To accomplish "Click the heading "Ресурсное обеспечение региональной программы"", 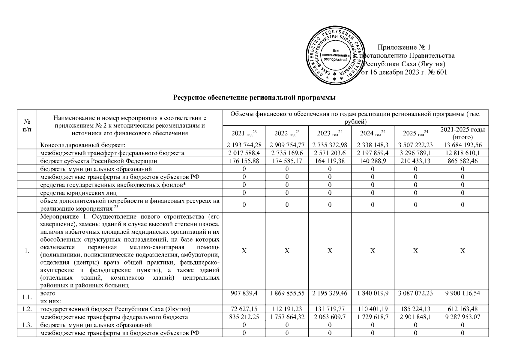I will [254, 98].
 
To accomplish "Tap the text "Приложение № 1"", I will [404, 47].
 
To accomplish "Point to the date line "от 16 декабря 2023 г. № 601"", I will [405, 72].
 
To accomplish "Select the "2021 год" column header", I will [244, 133].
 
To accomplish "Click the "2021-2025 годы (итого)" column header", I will [463, 133].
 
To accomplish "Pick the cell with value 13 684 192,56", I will [463, 145].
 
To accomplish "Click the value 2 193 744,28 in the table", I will [244, 145].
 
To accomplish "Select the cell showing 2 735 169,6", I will [287, 153].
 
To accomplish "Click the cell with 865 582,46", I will [463, 161].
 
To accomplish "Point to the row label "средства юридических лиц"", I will [79, 193].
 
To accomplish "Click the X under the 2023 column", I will [330, 251].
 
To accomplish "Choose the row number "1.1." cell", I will [27, 297].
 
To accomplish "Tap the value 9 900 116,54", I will [463, 293].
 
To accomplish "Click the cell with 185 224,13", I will [415, 309].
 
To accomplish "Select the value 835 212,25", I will [244, 317].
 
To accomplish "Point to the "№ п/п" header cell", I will [27, 125].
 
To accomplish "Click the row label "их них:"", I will [53, 301].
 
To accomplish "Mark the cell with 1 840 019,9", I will [373, 293].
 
